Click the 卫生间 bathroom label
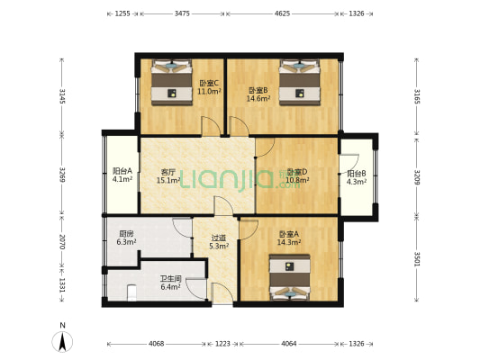pos(171,279)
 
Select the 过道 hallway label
pos(218,238)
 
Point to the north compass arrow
pos(61,340)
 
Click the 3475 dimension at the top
pos(182,13)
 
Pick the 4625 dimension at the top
pos(282,13)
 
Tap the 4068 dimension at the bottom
pos(156,344)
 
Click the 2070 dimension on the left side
pos(61,242)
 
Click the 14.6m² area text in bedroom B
pos(259,98)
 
